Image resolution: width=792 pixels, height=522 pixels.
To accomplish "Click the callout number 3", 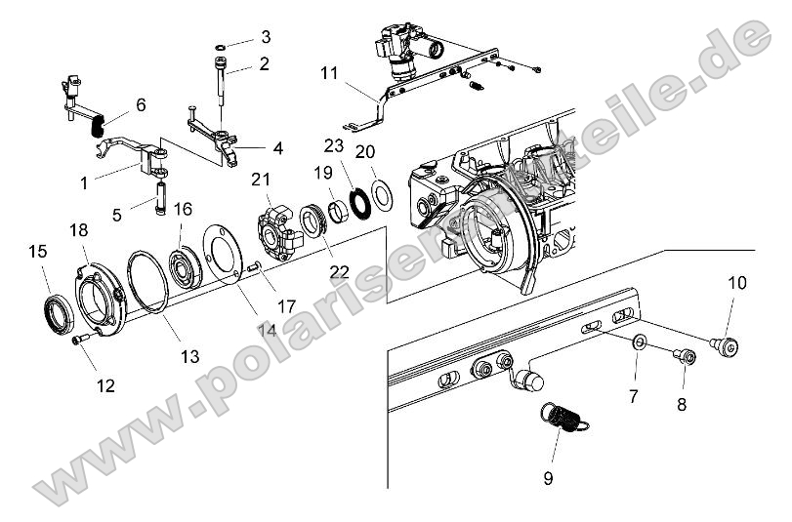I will click(x=265, y=38).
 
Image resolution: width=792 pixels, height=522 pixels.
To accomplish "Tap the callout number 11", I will click(x=329, y=72).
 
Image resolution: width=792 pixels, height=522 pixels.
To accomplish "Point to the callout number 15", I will click(x=37, y=252).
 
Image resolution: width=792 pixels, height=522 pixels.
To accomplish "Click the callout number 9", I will click(x=548, y=478).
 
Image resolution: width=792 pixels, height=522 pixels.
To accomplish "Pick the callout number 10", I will click(x=736, y=283).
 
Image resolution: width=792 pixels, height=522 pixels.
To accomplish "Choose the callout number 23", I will click(x=335, y=145).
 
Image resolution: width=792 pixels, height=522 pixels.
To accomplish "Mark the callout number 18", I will click(x=78, y=229).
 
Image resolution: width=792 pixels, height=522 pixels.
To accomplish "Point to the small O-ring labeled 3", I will click(x=223, y=45).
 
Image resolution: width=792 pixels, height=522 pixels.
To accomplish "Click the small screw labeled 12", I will click(x=79, y=341).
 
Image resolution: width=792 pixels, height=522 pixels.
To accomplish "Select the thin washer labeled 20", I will click(x=384, y=193).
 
